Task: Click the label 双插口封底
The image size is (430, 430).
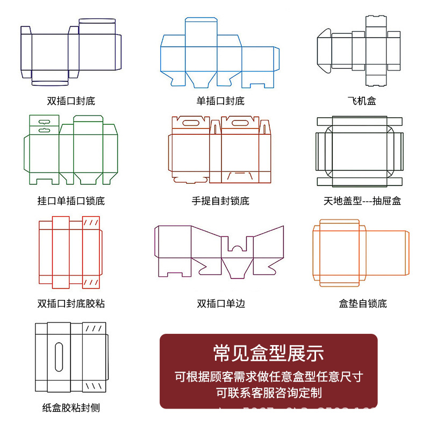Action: (x=71, y=101)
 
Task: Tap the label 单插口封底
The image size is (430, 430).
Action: (x=220, y=101)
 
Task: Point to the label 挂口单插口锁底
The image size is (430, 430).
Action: (x=71, y=201)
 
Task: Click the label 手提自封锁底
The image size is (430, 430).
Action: (x=220, y=201)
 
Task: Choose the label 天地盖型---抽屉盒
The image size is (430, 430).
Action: (x=362, y=201)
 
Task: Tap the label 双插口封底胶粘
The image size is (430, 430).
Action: (x=71, y=303)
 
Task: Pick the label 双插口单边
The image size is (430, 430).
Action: (x=220, y=303)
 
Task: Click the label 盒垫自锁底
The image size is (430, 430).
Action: (x=362, y=303)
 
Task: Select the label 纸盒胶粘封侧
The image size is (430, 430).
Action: (x=71, y=407)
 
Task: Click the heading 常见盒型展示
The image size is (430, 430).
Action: (x=269, y=354)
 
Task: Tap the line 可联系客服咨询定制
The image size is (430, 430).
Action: (x=269, y=392)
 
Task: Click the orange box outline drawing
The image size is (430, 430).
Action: (x=361, y=252)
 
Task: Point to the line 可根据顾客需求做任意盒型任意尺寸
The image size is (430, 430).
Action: (x=269, y=376)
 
